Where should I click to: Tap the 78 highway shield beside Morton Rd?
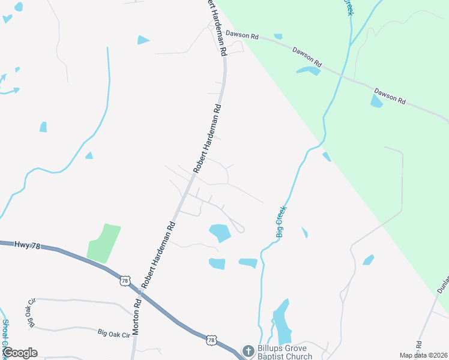[124, 280]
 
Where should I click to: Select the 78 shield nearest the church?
[211, 340]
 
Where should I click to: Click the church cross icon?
[248, 350]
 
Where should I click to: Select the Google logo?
[19, 353]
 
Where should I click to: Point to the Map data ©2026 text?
[424, 355]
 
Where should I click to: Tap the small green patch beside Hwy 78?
[103, 243]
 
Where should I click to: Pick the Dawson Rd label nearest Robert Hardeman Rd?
[242, 36]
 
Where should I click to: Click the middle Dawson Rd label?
[307, 57]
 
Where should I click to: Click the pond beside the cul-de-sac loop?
[220, 232]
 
